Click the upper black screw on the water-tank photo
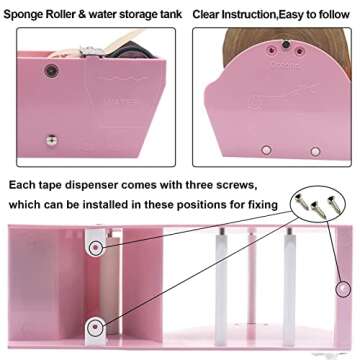pyautogui.click(x=50, y=70)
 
